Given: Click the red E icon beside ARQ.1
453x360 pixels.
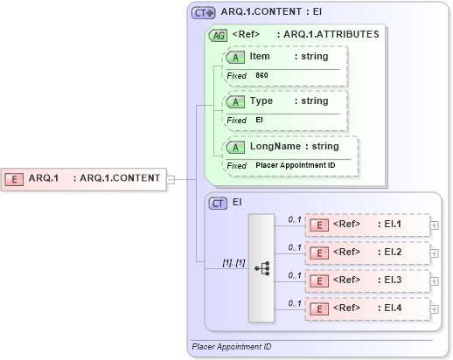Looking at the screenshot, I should (14, 178).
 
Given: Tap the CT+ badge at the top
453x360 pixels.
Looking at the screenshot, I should (204, 13).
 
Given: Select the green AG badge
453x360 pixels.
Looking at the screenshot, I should (218, 35).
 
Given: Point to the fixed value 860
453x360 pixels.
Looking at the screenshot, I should (262, 76).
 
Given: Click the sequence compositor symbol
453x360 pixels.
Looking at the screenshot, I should (261, 268).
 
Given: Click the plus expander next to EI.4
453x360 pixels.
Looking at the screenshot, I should (435, 308).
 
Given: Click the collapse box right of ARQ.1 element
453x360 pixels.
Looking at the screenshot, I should (171, 179).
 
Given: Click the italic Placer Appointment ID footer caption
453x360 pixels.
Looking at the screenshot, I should (232, 347).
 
